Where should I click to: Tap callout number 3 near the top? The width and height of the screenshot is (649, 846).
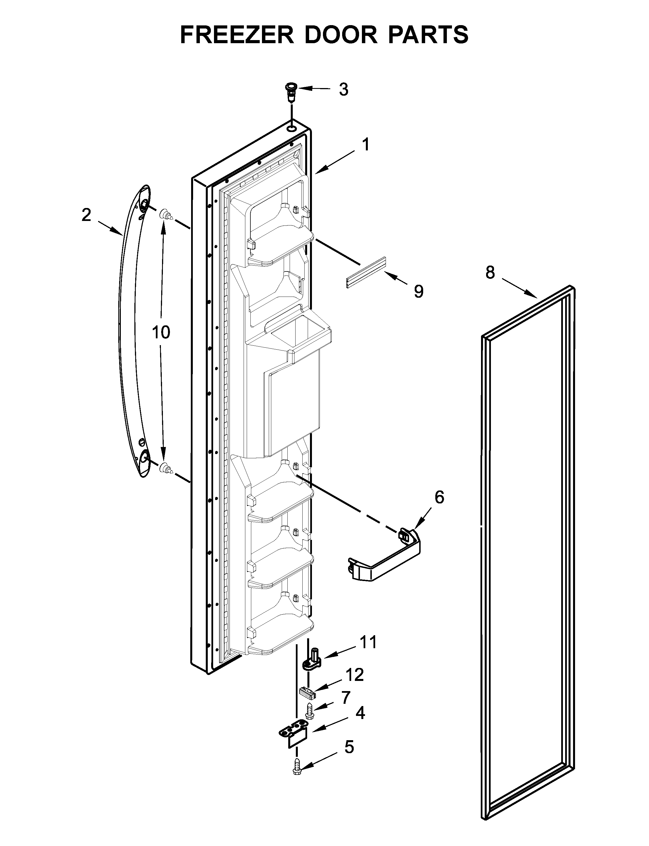344,89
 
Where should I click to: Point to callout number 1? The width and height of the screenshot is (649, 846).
366,145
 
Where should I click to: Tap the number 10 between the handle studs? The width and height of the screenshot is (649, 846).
161,332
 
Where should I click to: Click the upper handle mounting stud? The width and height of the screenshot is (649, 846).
166,214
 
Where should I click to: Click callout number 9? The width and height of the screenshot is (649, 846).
418,292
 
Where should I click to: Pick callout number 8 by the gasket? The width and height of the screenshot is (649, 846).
490,273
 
